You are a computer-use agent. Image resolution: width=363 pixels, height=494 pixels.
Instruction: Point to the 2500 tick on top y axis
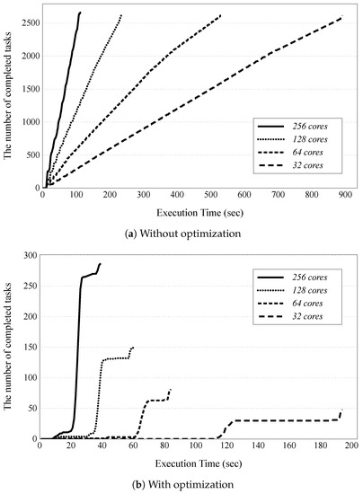pos(23,22)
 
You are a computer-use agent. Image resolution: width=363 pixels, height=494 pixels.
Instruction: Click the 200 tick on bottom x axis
pos(350,445)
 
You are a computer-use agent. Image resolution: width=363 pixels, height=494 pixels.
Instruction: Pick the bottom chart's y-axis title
pos(7,348)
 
